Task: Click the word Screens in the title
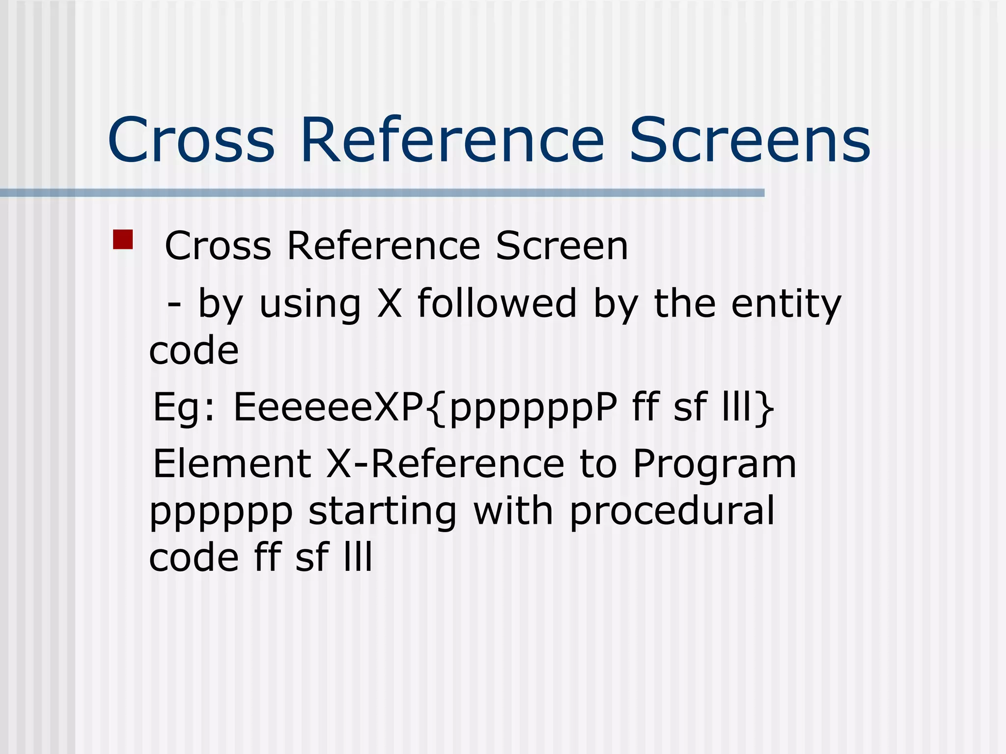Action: click(750, 140)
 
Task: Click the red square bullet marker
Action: click(123, 240)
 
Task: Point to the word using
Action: click(310, 304)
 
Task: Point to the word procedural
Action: click(672, 512)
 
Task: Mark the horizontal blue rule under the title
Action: click(382, 193)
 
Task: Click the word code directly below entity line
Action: click(194, 350)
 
